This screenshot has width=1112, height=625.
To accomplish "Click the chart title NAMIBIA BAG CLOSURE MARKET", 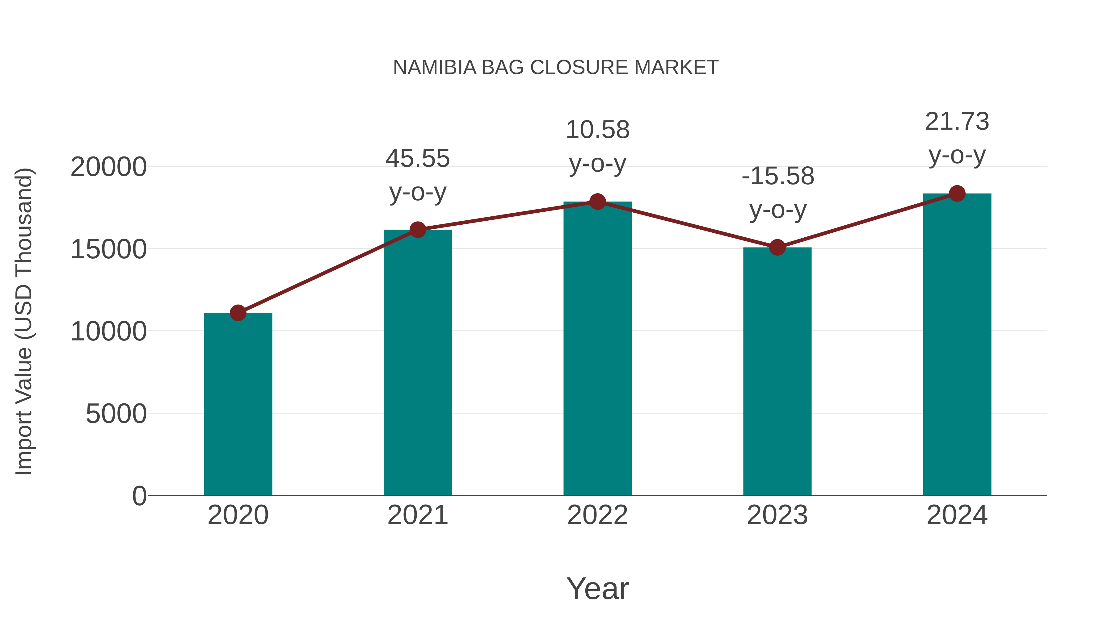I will [x=556, y=68].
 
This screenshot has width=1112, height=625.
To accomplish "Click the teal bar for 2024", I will [x=957, y=345].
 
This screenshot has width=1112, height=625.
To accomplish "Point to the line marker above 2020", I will [x=238, y=313].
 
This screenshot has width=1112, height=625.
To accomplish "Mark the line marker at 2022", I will [x=597, y=202].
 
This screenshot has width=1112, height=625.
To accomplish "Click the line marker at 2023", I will [x=777, y=248].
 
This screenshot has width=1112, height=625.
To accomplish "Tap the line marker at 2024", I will [x=957, y=194].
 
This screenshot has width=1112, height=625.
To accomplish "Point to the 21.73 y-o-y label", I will [x=957, y=138].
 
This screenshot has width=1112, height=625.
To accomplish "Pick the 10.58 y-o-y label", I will [x=597, y=146].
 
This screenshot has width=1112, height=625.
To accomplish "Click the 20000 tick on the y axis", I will [x=108, y=167].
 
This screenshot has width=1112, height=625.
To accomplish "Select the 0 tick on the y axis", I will [x=139, y=496].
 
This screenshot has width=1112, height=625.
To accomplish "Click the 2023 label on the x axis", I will [x=777, y=515].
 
